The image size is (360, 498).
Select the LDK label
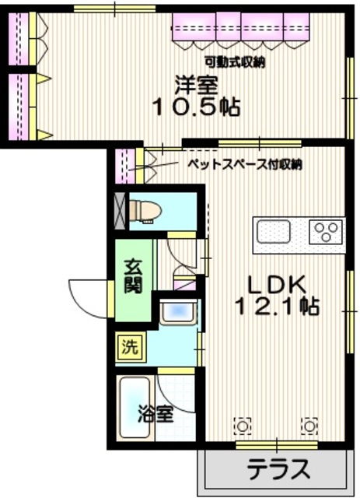[x=277, y=282]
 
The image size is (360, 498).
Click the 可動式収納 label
[x=234, y=62]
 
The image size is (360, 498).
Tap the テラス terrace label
[x=278, y=470]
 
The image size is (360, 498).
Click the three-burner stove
[x=326, y=231]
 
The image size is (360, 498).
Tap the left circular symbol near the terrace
[x=243, y=426]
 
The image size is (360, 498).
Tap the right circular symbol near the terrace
[x=310, y=426]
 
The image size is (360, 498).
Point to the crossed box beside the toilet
[x=120, y=209]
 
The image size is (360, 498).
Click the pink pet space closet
[x=123, y=165]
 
